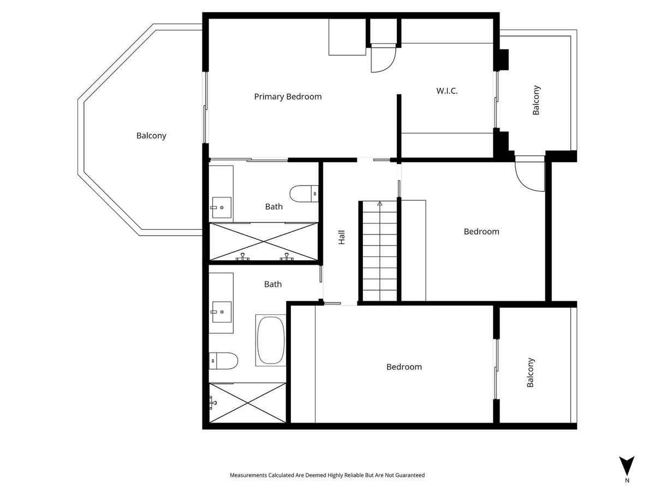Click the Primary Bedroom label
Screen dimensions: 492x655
click(288, 97)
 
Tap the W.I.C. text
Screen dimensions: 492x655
click(446, 91)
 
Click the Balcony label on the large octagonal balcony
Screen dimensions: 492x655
click(151, 136)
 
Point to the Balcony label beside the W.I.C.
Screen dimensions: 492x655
click(536, 100)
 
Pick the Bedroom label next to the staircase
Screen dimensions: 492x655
click(481, 231)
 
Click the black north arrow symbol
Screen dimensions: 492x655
click(627, 465)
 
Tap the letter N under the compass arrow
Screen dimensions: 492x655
click(627, 481)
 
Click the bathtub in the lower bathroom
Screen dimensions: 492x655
click(270, 339)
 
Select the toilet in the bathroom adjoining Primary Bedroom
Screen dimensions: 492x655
click(303, 194)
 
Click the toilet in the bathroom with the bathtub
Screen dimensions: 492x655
click(224, 360)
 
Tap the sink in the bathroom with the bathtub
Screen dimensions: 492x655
click(222, 312)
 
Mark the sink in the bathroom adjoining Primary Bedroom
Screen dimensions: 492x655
click(222, 207)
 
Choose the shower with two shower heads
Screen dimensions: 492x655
click(263, 242)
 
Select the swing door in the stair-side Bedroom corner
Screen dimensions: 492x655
click(529, 174)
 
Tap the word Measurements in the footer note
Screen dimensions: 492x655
click(249, 476)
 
